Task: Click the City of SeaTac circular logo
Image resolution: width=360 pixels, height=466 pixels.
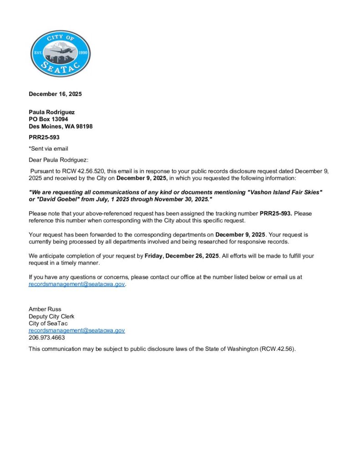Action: tap(60, 54)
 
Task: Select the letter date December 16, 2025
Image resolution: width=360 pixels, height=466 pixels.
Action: tap(55, 94)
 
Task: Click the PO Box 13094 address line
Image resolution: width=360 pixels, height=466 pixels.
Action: tap(48, 119)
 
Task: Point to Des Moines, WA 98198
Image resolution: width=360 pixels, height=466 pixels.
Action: tap(61, 127)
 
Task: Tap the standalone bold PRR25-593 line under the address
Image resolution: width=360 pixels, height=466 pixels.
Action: tap(44, 137)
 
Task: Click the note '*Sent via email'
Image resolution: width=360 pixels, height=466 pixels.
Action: tap(48, 148)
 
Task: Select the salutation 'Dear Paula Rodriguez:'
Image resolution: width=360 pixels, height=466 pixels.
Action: tap(59, 160)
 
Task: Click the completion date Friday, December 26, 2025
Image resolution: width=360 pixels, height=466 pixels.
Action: tap(182, 256)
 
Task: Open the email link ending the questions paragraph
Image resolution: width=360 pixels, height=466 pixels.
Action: tap(76, 284)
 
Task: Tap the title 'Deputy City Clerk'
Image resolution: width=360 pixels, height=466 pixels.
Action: tap(51, 316)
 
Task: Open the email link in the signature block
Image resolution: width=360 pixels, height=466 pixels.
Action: tap(76, 330)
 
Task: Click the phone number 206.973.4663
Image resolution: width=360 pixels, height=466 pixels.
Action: tap(47, 338)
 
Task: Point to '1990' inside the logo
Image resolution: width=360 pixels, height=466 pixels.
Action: tap(83, 53)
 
